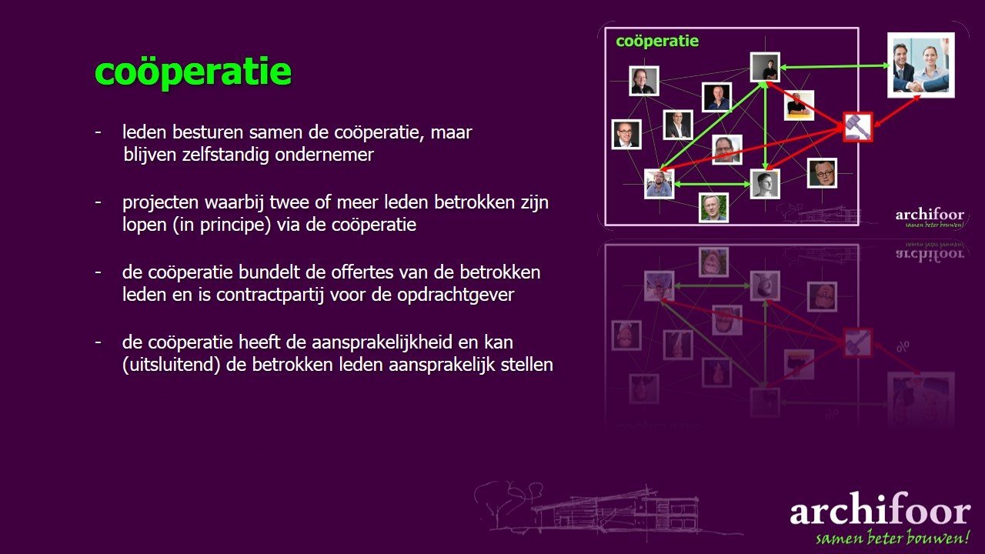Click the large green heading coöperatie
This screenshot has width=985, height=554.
tap(193, 72)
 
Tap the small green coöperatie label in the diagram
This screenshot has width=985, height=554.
tap(657, 42)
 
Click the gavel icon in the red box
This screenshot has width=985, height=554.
tap(858, 127)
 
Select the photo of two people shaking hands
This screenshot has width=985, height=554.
tap(921, 65)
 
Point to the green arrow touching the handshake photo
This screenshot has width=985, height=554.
tap(835, 66)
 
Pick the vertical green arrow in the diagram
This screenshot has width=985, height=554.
tap(766, 125)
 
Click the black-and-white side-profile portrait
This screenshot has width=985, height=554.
tap(765, 184)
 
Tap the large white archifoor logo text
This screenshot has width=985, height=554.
tap(880, 509)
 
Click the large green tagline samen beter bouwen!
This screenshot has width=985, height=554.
tap(893, 538)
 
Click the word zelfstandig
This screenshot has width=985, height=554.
tap(225, 155)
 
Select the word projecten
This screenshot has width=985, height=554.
tap(160, 203)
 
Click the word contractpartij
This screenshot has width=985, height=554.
tap(270, 295)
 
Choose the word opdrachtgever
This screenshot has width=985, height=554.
tap(456, 295)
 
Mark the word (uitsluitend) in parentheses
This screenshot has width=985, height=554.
tap(171, 365)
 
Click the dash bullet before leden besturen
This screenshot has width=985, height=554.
tap(98, 132)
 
